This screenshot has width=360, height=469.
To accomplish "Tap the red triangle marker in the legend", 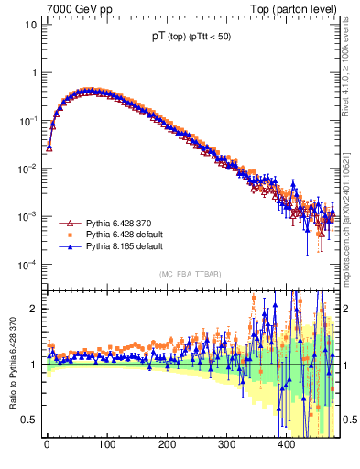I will pyautogui.click(x=66, y=223).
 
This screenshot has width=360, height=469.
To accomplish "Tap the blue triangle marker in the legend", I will pyautogui.click(x=66, y=246).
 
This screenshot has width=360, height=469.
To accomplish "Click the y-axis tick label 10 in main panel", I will pyautogui.click(x=30, y=25).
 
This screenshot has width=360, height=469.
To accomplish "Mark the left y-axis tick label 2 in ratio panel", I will pyautogui.click(x=34, y=309).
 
